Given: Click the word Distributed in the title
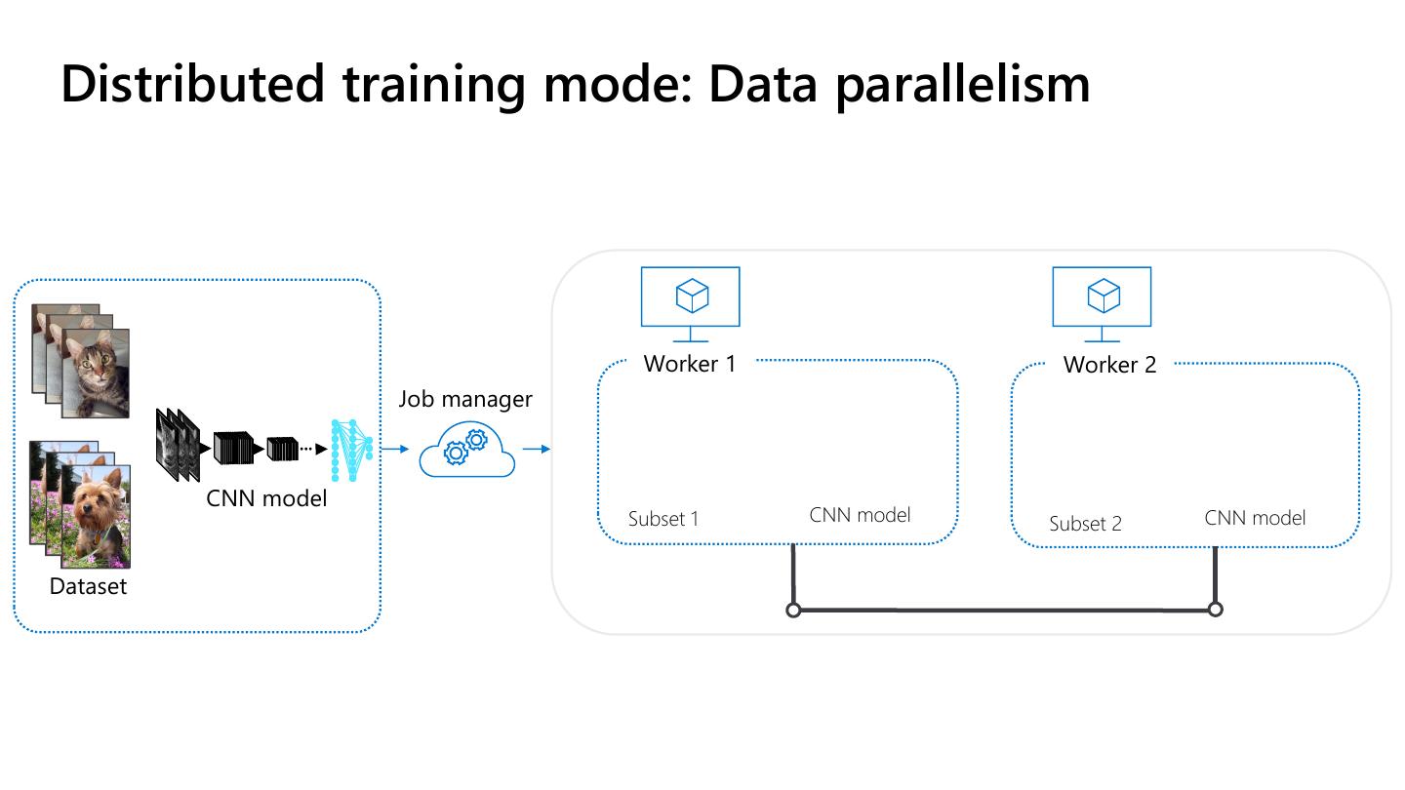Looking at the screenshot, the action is point(192,84).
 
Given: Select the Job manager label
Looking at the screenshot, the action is point(464,400).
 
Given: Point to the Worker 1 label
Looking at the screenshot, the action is point(689,364).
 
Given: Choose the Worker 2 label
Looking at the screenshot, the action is point(1109,365).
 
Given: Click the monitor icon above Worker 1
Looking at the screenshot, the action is point(690,304).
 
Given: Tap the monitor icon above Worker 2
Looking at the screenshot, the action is point(1102,304).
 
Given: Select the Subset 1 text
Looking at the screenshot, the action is point(663,519).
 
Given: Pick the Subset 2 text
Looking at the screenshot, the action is point(1085,523).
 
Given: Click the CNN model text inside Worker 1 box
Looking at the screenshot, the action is point(860,515).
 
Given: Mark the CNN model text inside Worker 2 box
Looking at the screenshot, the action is point(1255,518).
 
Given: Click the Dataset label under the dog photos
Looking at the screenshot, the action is point(88,586).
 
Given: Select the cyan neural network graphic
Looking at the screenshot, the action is point(351,451).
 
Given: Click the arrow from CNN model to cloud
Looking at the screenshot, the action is point(395,449).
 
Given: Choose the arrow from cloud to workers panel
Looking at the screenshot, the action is point(537,449).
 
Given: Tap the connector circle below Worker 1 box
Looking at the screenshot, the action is point(793,610).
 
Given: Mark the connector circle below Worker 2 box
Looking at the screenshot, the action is point(1215,610).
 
